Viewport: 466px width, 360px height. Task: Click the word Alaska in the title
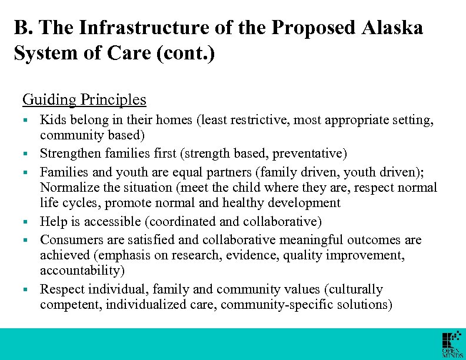tap(395, 28)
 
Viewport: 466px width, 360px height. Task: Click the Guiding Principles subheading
tap(84, 99)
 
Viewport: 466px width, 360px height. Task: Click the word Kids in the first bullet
tap(51, 120)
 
